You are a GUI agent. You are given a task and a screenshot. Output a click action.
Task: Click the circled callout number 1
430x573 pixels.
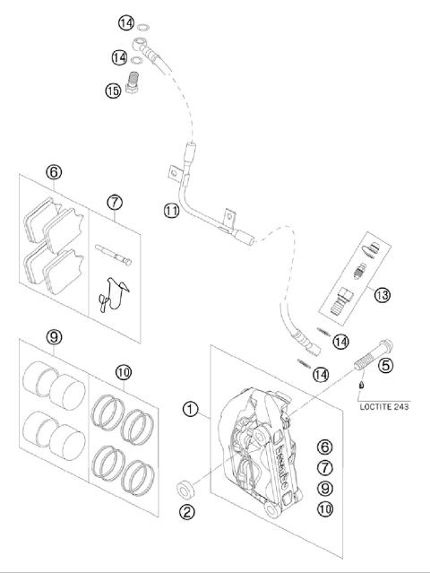189,410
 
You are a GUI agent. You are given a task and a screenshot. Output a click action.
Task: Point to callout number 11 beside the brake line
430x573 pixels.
171,211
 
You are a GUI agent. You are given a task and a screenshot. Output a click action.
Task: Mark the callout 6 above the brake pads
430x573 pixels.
54,171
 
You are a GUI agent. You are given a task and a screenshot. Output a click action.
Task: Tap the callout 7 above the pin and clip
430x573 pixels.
115,203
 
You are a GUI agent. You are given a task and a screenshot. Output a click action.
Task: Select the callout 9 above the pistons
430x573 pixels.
54,337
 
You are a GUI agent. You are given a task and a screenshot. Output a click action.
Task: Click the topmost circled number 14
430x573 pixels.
125,22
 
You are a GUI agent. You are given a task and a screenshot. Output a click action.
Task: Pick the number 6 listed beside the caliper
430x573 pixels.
324,446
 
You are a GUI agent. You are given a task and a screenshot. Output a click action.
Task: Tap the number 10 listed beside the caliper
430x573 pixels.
324,510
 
